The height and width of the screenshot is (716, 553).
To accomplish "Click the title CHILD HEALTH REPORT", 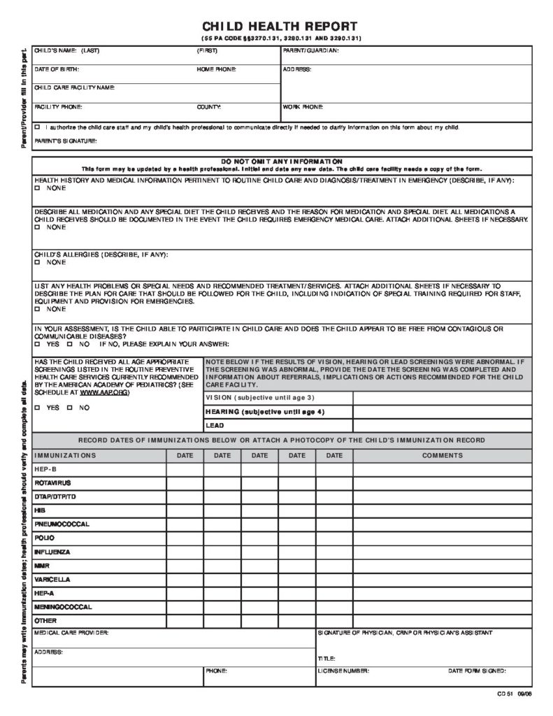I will pos(280,25).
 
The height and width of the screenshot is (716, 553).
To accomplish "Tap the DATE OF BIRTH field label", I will pos(57,70).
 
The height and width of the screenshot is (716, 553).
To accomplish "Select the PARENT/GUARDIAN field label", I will pos(311,51).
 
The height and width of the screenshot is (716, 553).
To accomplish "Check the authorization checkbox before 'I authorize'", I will pos(37,127).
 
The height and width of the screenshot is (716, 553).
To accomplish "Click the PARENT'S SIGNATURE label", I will pos(66,141).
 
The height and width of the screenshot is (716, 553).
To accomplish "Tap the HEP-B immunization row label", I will pos(45,469).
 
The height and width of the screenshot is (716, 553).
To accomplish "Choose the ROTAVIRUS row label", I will pos(52,482).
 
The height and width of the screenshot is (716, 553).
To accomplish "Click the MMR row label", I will pos(42,565).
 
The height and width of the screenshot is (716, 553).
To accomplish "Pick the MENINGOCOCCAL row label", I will pos(63,607).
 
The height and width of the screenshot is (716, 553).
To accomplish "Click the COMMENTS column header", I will pos(442,455).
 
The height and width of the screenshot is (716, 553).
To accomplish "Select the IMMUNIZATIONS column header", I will pos(65,455).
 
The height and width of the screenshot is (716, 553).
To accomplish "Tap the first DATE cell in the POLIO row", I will pos(185,538).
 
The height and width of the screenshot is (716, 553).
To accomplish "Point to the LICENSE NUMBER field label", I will pos(343,671).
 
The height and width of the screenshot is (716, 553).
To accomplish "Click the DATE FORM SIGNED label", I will pos(477,671).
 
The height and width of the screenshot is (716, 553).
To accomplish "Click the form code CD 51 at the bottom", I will pos(505,693).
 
